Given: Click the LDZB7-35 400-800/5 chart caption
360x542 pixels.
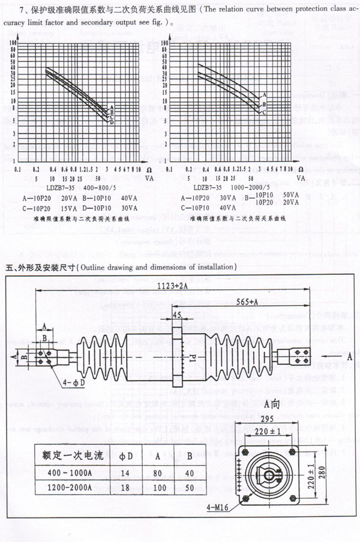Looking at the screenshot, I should (69, 187).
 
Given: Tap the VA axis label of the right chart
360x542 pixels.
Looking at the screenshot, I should (300, 178).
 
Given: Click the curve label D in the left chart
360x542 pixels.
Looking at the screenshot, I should (111, 122).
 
